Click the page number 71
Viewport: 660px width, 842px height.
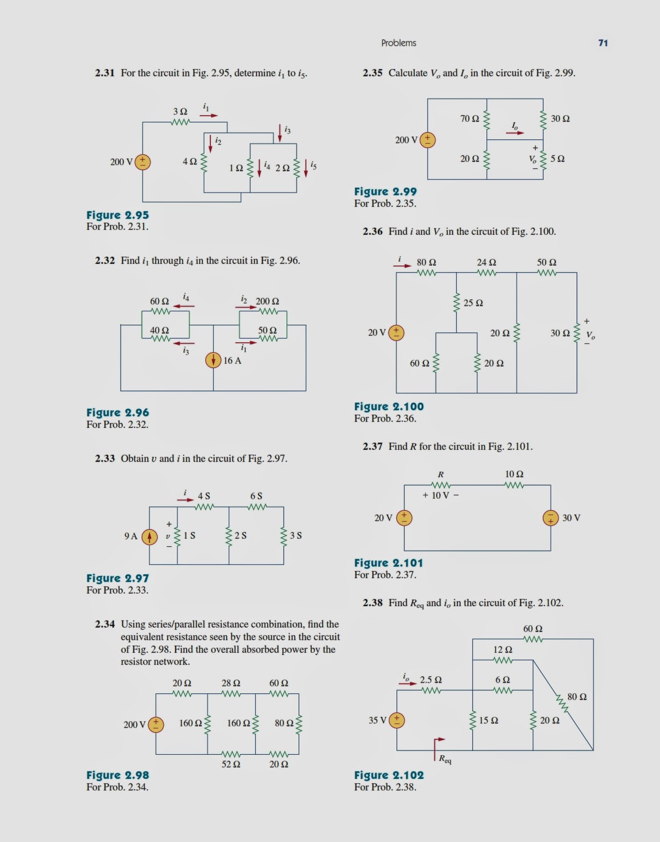pos(603,43)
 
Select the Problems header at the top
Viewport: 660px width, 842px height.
pos(399,43)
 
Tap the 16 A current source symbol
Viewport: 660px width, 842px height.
pos(214,360)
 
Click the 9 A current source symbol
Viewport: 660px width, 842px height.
pos(149,536)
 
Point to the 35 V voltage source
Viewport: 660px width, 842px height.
pos(396,720)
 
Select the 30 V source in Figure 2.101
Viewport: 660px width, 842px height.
pos(550,518)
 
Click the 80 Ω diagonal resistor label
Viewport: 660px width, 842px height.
pos(577,697)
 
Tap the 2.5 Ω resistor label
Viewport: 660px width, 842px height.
pos(431,680)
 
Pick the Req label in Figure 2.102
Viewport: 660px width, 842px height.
pos(445,760)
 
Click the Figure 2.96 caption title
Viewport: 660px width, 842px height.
pos(118,412)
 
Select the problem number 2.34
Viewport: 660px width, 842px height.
pos(105,624)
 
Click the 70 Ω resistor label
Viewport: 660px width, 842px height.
pos(469,118)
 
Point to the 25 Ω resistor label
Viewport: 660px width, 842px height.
pos(473,303)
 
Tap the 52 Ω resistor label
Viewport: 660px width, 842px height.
pos(231,764)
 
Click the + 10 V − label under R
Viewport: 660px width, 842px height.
pos(440,495)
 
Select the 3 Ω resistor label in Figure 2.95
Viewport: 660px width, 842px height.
pos(180,111)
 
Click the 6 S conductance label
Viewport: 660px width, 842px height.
pos(256,496)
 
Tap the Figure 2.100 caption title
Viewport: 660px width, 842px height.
pos(389,406)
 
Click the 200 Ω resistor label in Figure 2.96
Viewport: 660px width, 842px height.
pos(267,301)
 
